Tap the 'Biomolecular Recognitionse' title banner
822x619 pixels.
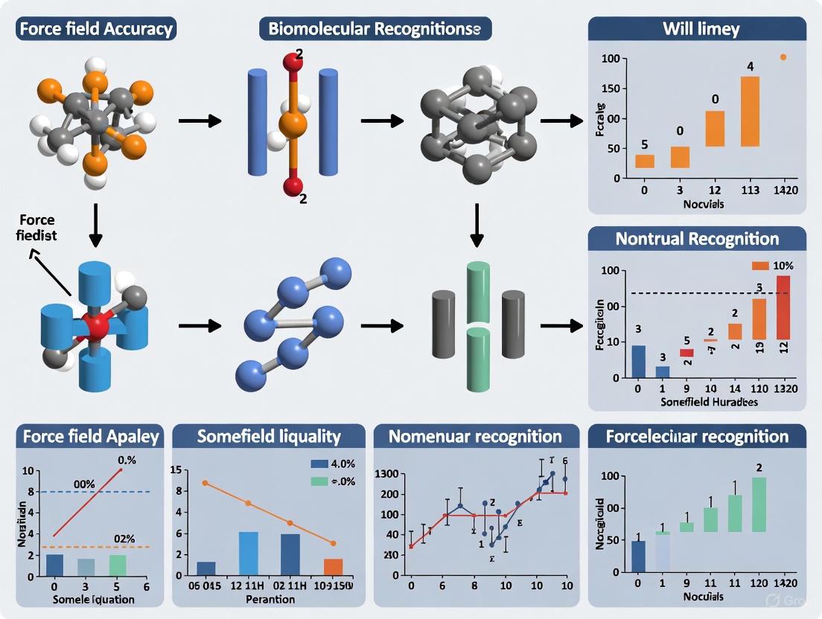point(375,30)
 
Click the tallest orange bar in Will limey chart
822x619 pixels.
point(750,111)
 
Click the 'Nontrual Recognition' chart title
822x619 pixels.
point(697,239)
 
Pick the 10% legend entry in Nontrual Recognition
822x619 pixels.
point(774,266)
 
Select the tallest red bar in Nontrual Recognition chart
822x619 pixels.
point(783,307)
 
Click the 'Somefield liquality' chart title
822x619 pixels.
point(269,437)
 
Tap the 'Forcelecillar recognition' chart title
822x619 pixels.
point(697,437)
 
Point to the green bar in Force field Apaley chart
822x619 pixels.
point(118,565)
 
